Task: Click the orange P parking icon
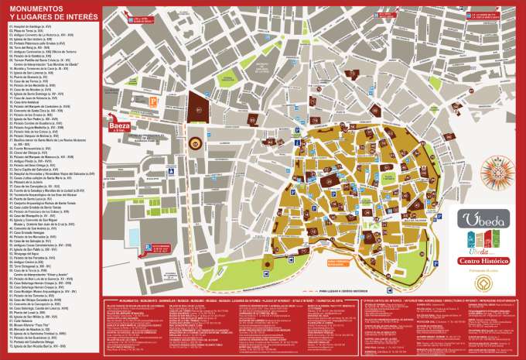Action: pos(152,101)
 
